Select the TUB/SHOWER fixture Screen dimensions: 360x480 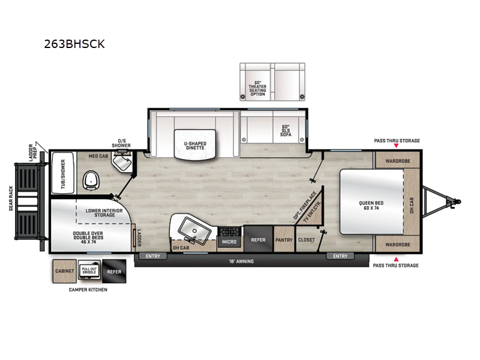click(x=61, y=173)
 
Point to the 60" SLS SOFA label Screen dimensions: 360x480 click(x=286, y=131)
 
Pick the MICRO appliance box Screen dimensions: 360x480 click(x=229, y=241)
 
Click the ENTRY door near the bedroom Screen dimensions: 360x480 click(x=340, y=256)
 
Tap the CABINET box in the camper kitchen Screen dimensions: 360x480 click(x=64, y=271)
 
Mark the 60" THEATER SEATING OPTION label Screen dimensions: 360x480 click(x=257, y=88)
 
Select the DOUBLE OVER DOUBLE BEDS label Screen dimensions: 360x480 click(x=90, y=236)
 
